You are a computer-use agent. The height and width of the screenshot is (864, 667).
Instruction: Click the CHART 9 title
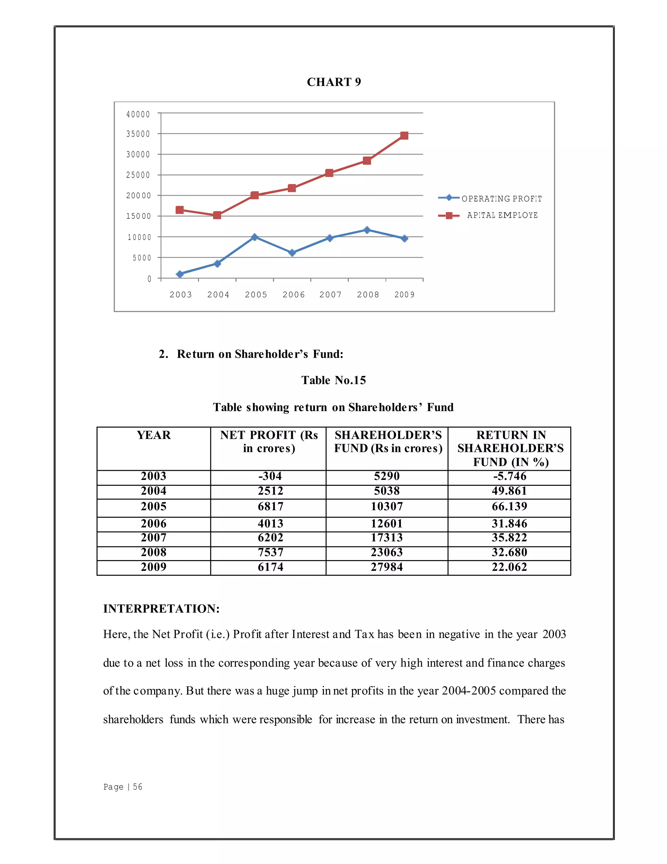(x=334, y=82)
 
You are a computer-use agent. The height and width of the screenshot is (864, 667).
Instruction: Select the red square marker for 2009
(x=404, y=136)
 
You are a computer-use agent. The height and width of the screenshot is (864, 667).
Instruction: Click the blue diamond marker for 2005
(x=254, y=237)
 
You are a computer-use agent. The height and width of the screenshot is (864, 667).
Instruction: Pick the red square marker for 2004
(x=217, y=215)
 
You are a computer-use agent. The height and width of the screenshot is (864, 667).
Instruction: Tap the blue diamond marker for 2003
(x=180, y=274)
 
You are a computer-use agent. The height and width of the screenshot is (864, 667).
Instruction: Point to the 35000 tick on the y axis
(x=138, y=134)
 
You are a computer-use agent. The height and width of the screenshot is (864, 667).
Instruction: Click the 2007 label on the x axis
(x=330, y=294)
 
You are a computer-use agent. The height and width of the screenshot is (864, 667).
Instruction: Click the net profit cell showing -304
(x=270, y=476)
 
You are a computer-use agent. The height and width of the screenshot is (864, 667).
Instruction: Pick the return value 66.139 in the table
(x=509, y=506)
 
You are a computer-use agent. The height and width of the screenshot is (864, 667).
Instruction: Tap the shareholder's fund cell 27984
(x=387, y=567)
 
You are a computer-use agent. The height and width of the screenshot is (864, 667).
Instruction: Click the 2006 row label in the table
(x=154, y=523)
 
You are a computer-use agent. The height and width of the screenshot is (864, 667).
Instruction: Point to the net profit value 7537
(x=270, y=552)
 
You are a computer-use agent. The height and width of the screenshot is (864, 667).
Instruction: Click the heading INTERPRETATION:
(x=161, y=609)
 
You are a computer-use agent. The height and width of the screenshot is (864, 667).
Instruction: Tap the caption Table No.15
(x=333, y=380)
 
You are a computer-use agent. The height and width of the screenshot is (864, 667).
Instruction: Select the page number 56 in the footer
(x=137, y=787)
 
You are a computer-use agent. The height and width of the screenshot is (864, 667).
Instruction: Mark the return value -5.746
(x=509, y=476)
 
